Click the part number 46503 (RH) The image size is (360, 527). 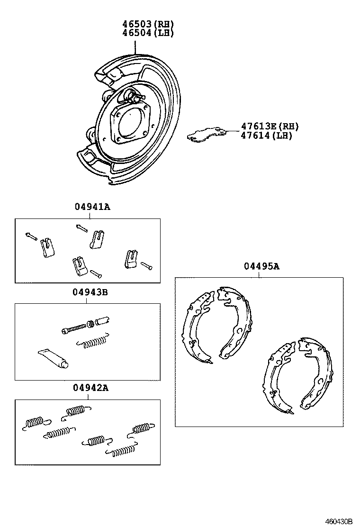[145, 24]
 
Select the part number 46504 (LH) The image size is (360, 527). [145, 33]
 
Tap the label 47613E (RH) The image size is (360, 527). [270, 126]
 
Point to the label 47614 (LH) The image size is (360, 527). [266, 136]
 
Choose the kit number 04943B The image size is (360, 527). [90, 292]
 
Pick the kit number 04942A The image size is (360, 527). [90, 388]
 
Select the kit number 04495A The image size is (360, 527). [261, 266]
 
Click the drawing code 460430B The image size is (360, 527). [339, 521]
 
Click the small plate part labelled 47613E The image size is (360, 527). [206, 134]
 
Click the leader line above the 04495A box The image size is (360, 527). [260, 274]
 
